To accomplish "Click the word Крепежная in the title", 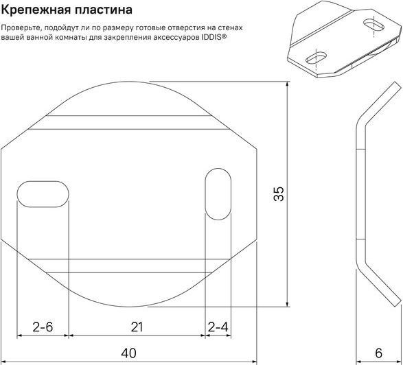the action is click(x=35, y=10).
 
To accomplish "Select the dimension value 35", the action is click(x=279, y=193).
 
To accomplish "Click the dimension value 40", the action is click(x=128, y=353).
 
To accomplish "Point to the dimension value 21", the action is click(x=137, y=327).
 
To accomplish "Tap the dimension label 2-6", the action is click(x=43, y=327).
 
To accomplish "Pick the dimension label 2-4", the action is click(x=218, y=327).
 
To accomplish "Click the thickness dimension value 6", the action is click(x=378, y=353).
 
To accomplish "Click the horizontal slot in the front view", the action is click(x=43, y=193).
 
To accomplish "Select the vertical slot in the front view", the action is click(x=218, y=194).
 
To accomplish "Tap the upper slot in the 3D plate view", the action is click(x=373, y=25).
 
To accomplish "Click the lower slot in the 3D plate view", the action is click(x=316, y=58).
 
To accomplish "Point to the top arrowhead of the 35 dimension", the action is click(x=288, y=85).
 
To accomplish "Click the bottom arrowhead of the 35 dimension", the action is click(x=288, y=303).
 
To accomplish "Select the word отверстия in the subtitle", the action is click(x=187, y=27).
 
